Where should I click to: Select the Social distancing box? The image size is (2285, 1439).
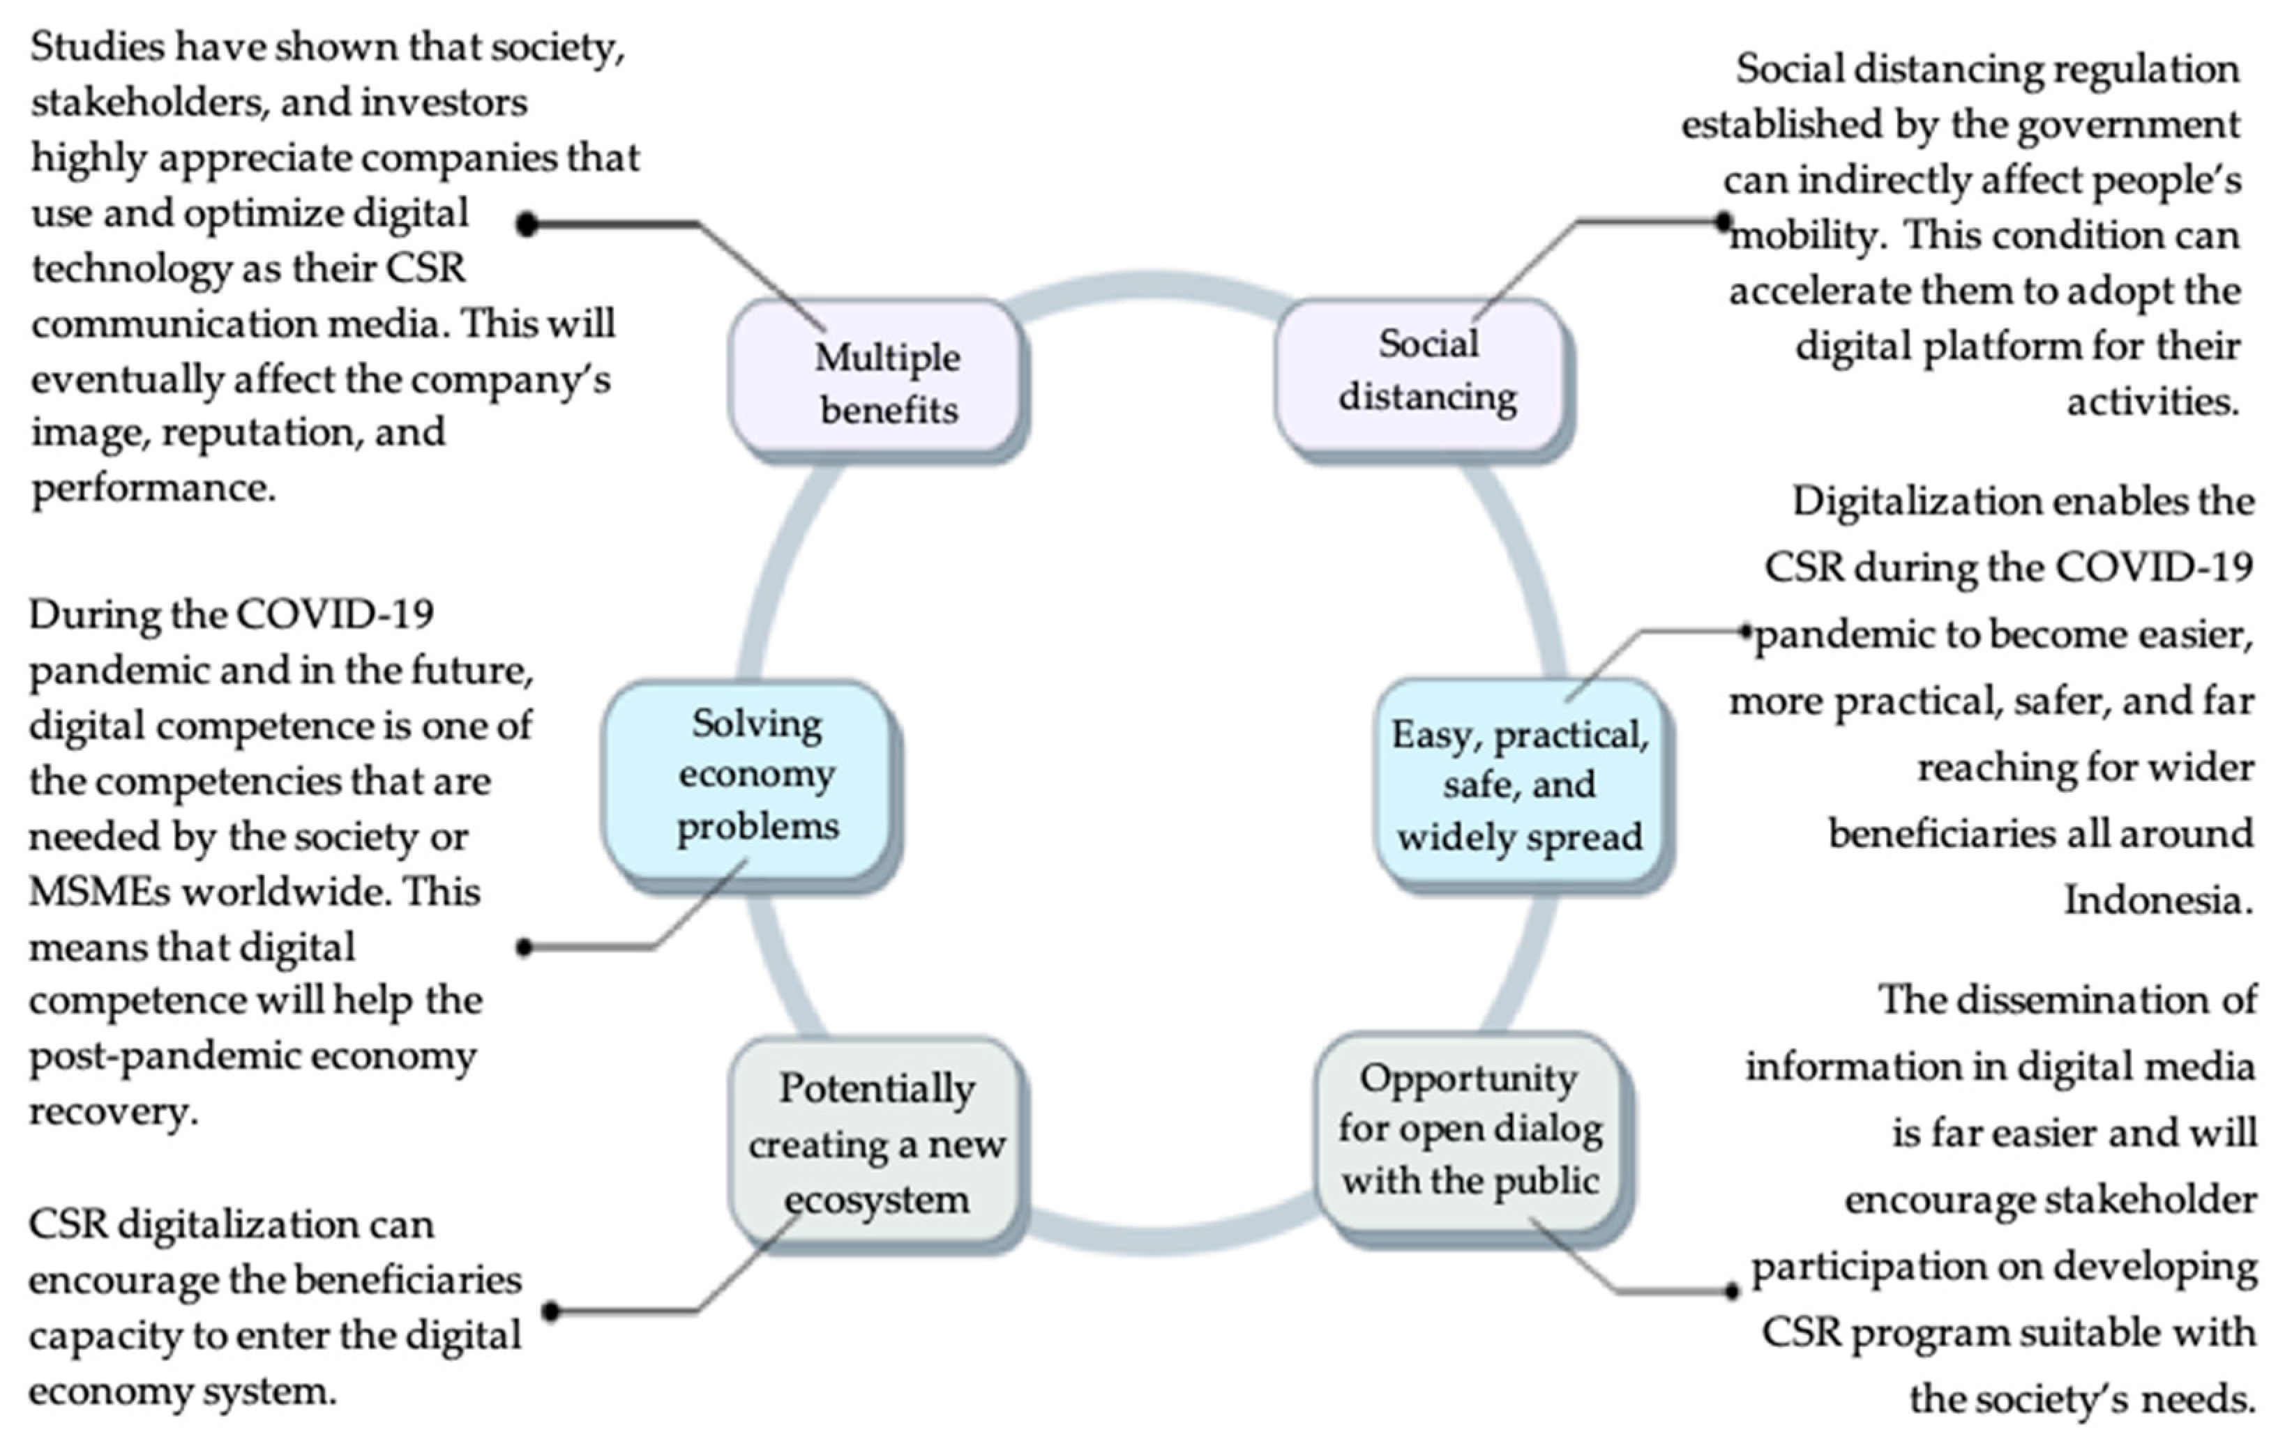[x=1421, y=372]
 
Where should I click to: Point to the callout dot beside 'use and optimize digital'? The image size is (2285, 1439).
[x=527, y=224]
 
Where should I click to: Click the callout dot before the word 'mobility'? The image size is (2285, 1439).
[x=1724, y=221]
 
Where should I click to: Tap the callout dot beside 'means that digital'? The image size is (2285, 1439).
[x=524, y=947]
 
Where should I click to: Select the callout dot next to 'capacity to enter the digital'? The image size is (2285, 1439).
[x=550, y=1312]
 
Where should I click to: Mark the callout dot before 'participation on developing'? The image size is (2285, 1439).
[x=1732, y=1291]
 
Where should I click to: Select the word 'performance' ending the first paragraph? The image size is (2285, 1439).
[x=152, y=489]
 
